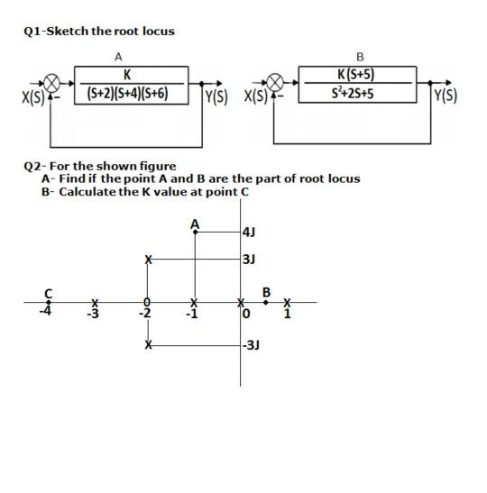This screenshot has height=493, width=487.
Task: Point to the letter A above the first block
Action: tap(119, 56)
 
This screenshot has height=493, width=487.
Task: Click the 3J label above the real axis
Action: tap(250, 260)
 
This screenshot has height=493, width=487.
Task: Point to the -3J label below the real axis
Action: tap(253, 345)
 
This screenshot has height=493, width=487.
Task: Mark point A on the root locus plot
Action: tap(196, 232)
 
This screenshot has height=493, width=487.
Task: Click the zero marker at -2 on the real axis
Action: tap(147, 303)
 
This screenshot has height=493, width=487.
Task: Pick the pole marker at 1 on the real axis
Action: tap(289, 303)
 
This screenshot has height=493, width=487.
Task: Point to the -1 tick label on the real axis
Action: tap(191, 315)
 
